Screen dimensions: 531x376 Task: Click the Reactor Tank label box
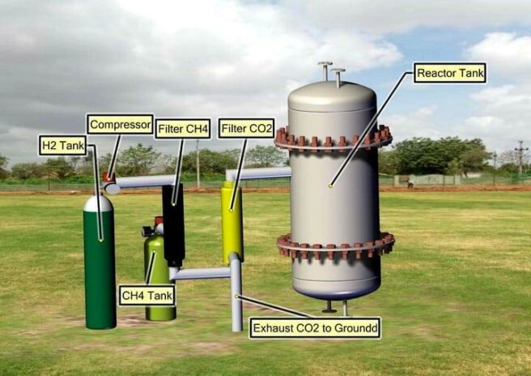coord(450,73)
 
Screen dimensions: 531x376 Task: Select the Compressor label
coord(121,125)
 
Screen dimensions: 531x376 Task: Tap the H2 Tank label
coord(62,145)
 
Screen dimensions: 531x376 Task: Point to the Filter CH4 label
coord(183,129)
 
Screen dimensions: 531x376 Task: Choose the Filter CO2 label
coord(246,129)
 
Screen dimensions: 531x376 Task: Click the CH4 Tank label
coord(147,295)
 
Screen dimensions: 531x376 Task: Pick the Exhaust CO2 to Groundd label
coord(315,328)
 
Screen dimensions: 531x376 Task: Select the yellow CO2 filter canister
coord(232,223)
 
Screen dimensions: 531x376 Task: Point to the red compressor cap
coord(108,177)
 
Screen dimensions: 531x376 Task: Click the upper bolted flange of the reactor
coord(333,139)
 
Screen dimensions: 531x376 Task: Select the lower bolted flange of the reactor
coord(335,246)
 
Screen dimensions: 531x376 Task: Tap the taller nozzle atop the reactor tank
coord(325,71)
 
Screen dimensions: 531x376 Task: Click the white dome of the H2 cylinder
coord(98,203)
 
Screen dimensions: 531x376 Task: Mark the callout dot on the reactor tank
coord(330,186)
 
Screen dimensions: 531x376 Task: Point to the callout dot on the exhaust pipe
coord(236,297)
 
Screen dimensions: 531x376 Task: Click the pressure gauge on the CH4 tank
coord(147,231)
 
